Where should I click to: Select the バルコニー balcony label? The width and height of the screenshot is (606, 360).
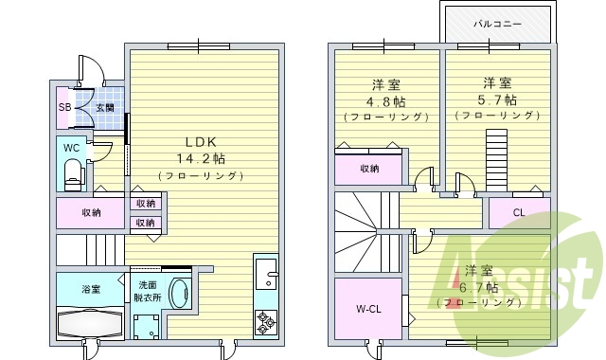click(x=497, y=22)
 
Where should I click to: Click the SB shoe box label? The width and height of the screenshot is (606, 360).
click(x=64, y=107)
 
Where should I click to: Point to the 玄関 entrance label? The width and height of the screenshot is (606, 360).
click(x=103, y=108)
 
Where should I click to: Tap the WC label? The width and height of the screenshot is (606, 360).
click(x=71, y=148)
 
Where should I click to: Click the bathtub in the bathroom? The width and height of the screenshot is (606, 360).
click(x=90, y=322)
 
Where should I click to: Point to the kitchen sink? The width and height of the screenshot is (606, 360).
click(x=266, y=277)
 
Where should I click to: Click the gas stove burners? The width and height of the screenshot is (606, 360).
click(x=265, y=323)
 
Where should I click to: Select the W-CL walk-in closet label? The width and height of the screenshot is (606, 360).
click(x=369, y=309)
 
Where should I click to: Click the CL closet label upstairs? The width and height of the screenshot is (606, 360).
click(x=518, y=212)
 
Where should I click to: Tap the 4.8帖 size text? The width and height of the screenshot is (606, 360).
click(x=387, y=99)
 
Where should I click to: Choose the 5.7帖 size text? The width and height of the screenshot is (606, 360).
click(x=497, y=99)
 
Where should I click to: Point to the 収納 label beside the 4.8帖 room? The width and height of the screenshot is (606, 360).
click(x=369, y=169)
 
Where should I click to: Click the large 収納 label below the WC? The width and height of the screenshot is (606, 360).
click(x=91, y=213)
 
